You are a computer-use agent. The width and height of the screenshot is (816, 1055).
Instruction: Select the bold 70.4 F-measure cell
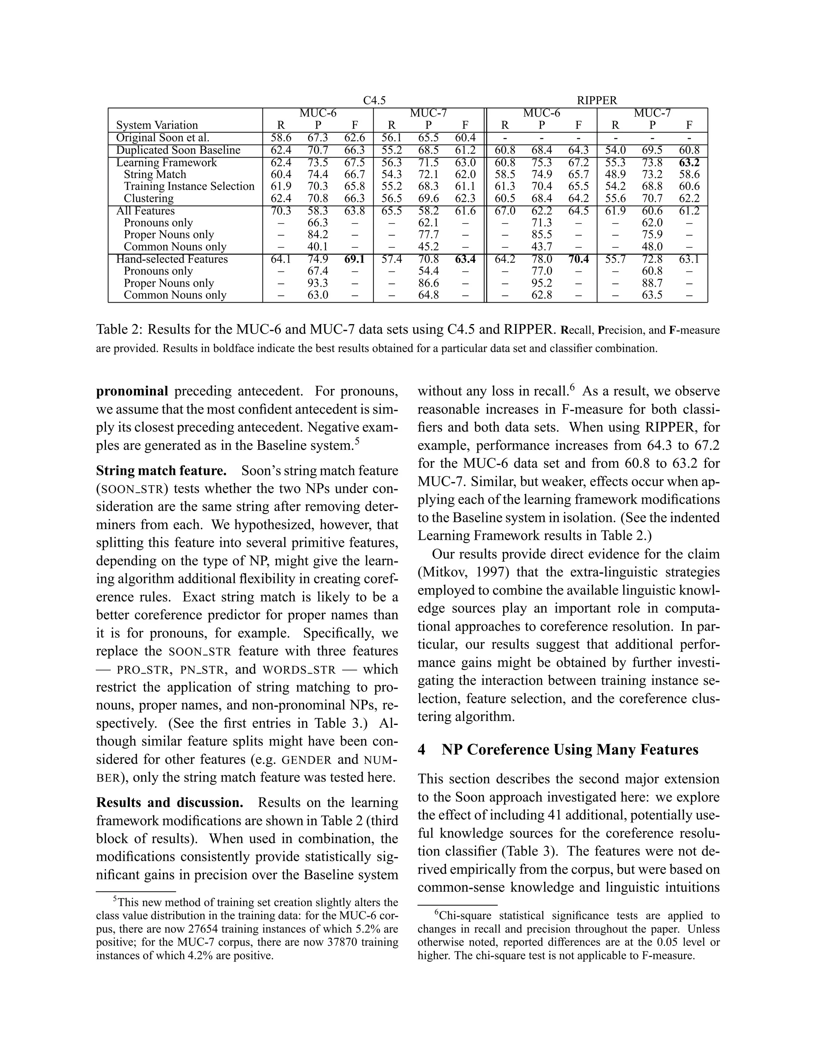579,260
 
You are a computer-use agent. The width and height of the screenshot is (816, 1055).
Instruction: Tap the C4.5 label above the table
374,100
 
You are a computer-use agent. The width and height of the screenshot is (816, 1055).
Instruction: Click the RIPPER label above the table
597,100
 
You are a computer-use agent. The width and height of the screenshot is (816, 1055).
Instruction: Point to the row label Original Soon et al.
163,138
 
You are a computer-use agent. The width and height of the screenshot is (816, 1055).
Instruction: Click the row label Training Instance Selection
189,186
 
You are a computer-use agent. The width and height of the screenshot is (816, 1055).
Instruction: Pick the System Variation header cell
157,125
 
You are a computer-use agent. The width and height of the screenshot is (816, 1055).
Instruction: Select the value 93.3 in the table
318,283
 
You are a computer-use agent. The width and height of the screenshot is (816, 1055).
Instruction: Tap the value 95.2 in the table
541,283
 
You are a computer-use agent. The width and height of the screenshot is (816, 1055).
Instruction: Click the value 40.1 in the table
318,247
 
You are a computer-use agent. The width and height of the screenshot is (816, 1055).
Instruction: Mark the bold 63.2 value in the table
689,163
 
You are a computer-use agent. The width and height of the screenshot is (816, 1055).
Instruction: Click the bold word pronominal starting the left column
132,391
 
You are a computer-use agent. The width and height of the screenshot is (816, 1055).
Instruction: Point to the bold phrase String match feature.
161,471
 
